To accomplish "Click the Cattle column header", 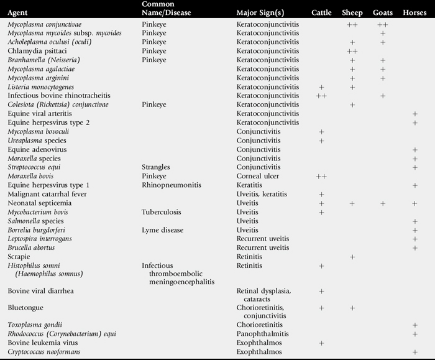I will point(321,13).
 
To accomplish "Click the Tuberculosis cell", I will point(162,212).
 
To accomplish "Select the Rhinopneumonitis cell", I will point(170,185).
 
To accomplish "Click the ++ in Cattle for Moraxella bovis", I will point(321,177).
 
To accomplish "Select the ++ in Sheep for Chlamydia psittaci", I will point(352,51).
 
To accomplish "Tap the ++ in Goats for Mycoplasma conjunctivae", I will point(383,24).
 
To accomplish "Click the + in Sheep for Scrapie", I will point(352,256).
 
